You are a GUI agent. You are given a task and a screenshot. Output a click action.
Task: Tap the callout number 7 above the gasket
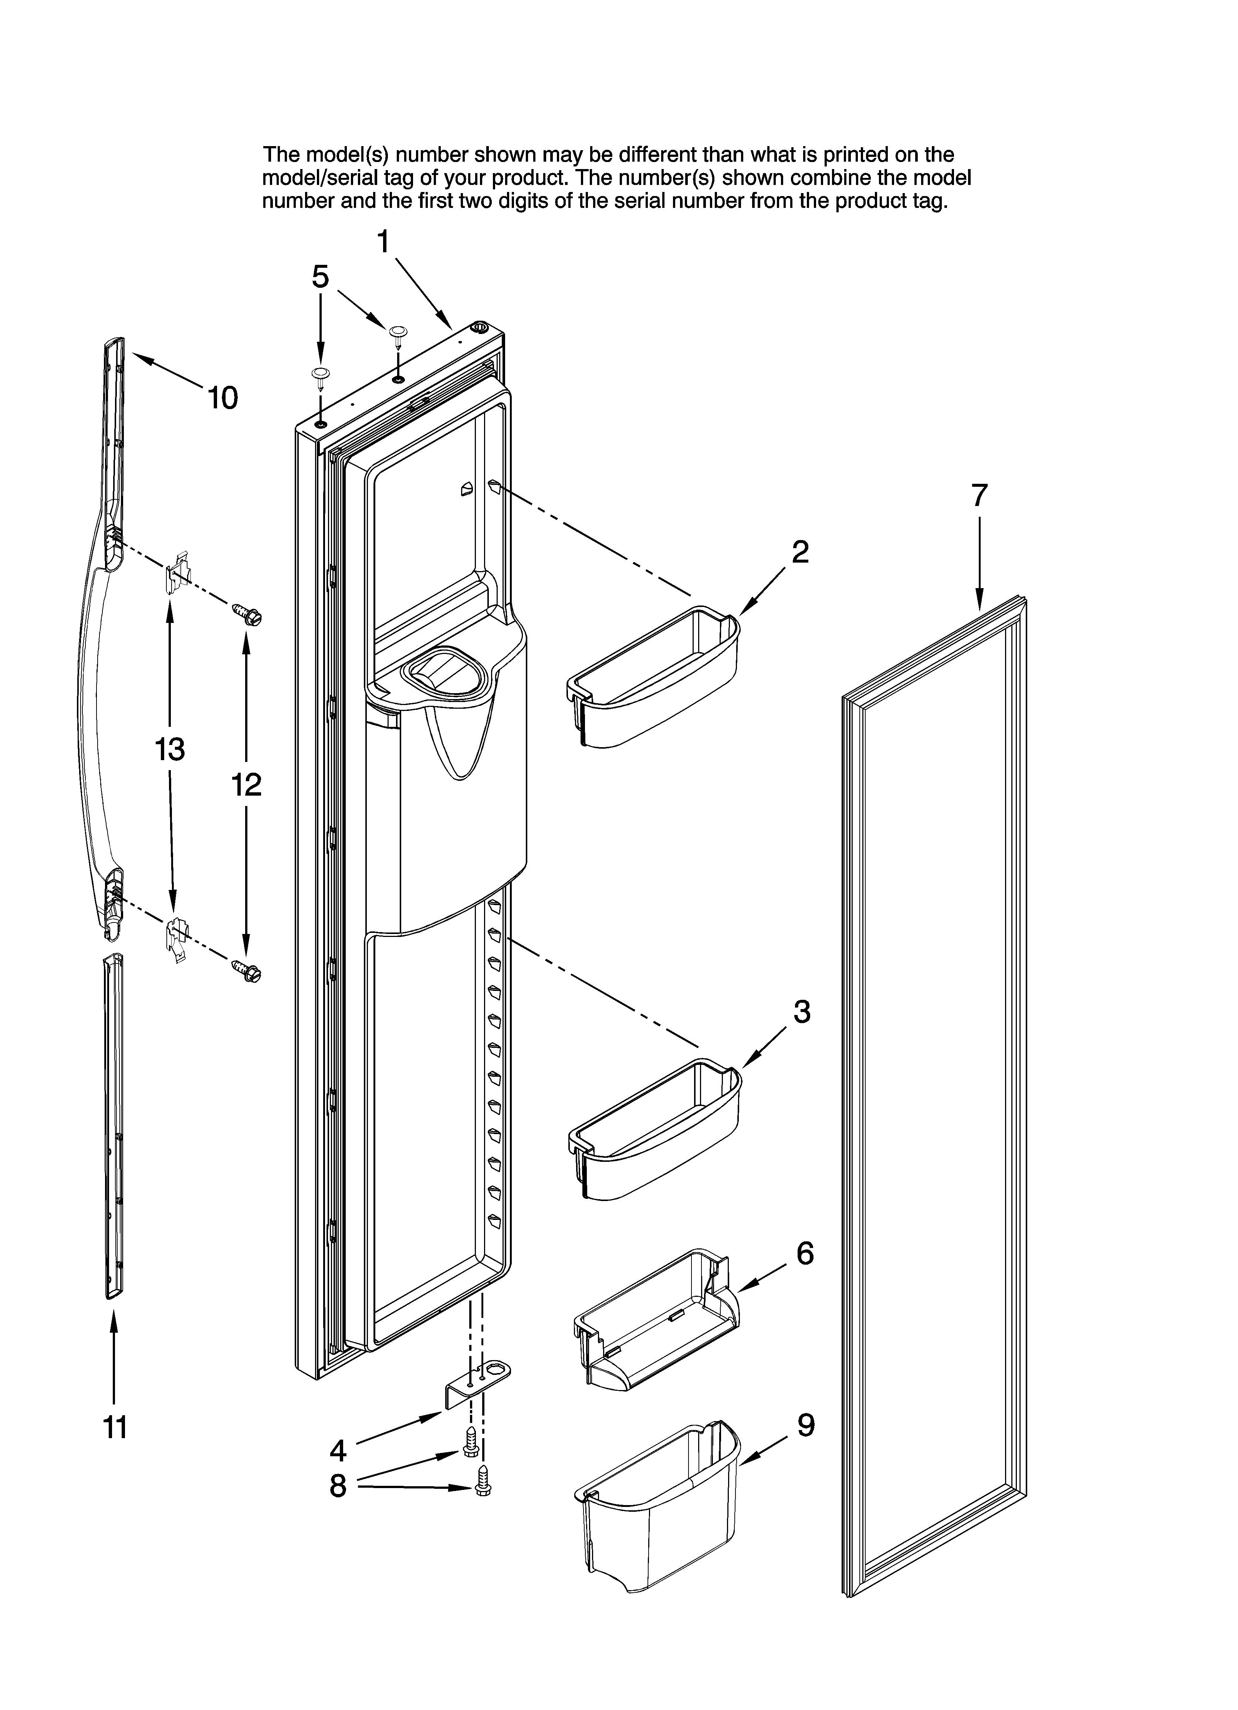[x=979, y=495]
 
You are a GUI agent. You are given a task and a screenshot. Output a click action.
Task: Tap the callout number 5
[x=321, y=277]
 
